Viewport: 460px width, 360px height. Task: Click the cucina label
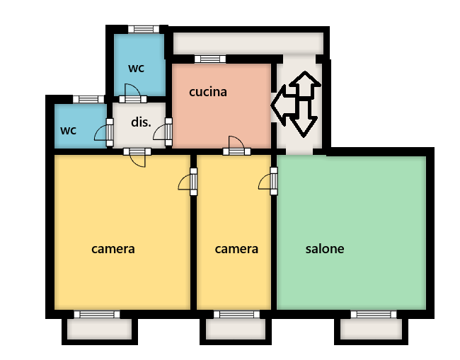tap(208, 92)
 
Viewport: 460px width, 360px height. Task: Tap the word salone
tap(325, 249)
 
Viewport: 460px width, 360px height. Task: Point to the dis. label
tap(141, 122)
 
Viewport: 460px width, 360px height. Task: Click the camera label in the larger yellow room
tap(113, 249)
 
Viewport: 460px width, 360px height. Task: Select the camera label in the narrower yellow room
tap(236, 249)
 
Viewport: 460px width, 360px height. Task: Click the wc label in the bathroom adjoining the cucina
tap(136, 69)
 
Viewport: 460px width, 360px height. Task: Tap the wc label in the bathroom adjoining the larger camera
tap(68, 130)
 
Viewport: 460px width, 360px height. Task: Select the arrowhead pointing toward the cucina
tap(278, 105)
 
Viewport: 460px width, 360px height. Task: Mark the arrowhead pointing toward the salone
tap(304, 127)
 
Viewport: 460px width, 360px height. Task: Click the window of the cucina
tap(210, 59)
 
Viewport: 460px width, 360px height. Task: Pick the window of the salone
tap(374, 315)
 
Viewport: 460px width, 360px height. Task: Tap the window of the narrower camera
tap(236, 315)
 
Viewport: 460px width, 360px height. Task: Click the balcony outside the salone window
tap(371, 329)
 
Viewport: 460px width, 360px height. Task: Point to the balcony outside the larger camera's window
tap(100, 329)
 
